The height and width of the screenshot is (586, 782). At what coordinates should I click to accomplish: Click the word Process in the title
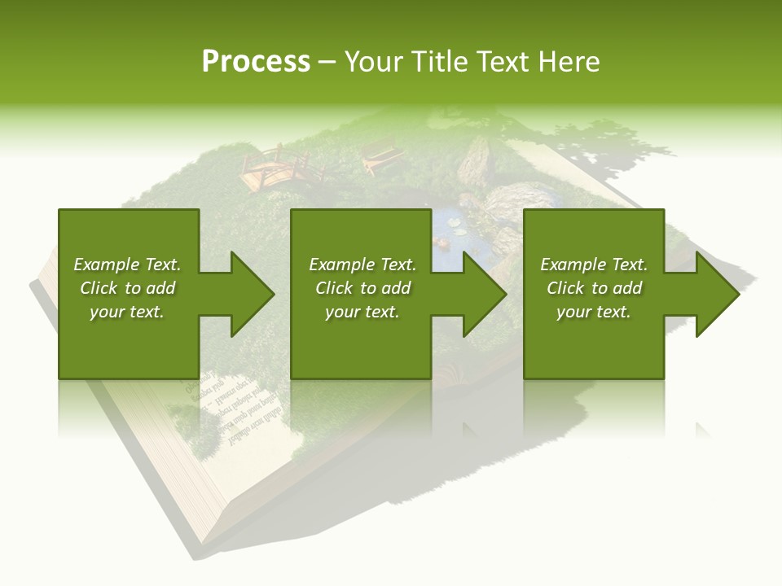tap(256, 62)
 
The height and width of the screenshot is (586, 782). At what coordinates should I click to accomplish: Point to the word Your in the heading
tap(376, 62)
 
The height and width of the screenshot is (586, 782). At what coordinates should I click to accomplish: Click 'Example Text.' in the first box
tap(127, 265)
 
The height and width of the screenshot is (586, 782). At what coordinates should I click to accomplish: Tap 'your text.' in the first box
tap(127, 312)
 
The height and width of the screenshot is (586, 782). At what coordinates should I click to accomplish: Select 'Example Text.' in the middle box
tap(362, 265)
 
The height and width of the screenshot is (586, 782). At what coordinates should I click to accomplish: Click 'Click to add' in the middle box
tap(362, 288)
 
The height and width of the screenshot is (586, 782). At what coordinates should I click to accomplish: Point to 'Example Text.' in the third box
tap(594, 265)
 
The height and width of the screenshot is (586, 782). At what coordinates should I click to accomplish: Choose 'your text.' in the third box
tap(594, 312)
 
